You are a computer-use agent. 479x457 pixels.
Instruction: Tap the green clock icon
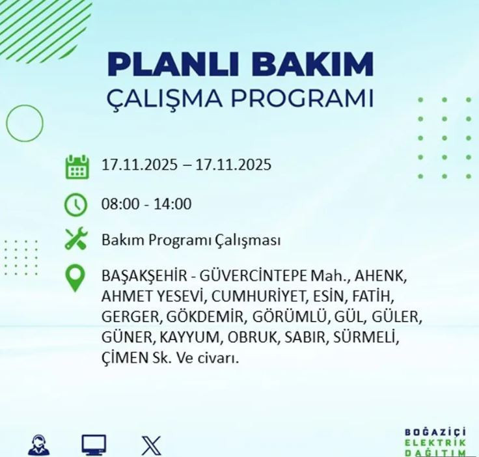pos(77,204)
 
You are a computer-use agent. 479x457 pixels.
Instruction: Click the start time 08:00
pos(119,204)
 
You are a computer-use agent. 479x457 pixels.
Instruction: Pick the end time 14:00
pos(173,204)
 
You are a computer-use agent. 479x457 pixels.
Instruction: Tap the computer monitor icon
pos(94,445)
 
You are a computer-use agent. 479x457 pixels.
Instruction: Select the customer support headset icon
pos(38,445)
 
